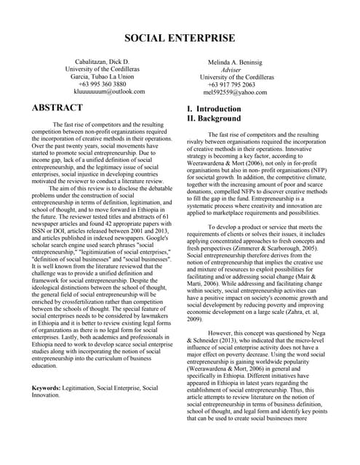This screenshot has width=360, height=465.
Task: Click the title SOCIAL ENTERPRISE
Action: [x=180, y=38]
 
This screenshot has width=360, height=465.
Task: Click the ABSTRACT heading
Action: [x=58, y=108]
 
